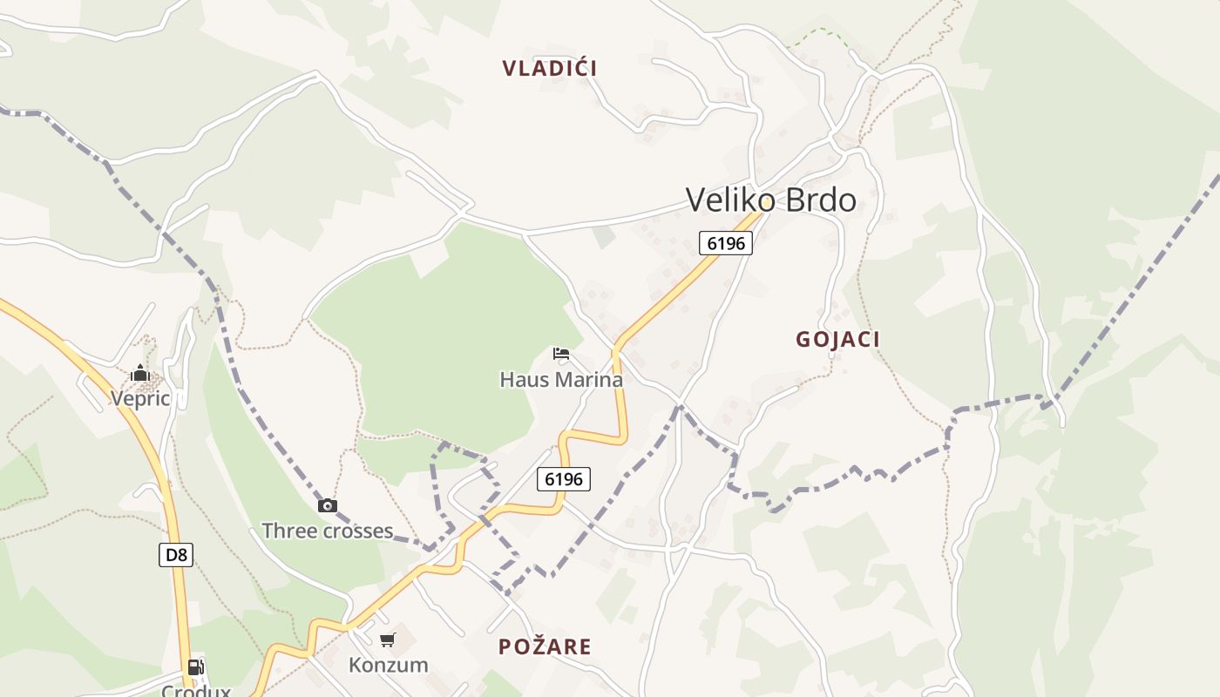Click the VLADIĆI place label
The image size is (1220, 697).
coord(550,68)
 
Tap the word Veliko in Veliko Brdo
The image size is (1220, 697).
coord(730,200)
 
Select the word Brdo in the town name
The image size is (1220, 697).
coord(821,200)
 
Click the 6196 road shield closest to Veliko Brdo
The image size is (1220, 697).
coord(726,243)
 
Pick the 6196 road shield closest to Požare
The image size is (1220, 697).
coord(565,478)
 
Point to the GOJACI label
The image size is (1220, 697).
coord(837,340)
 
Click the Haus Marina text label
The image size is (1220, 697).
coord(561,380)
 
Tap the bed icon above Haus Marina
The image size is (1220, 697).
coord(561,354)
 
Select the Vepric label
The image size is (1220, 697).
coord(139,398)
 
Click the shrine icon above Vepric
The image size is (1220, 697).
coord(140,374)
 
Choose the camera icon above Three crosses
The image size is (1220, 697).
coord(328,505)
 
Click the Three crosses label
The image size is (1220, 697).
coord(328,531)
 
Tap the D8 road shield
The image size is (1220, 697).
coord(176,555)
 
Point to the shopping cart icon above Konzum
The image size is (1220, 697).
coord(388,640)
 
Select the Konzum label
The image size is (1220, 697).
coord(389,666)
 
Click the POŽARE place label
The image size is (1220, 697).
coord(545,646)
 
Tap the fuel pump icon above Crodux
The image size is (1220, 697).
coord(196,667)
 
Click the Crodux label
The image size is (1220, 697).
coord(196,691)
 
